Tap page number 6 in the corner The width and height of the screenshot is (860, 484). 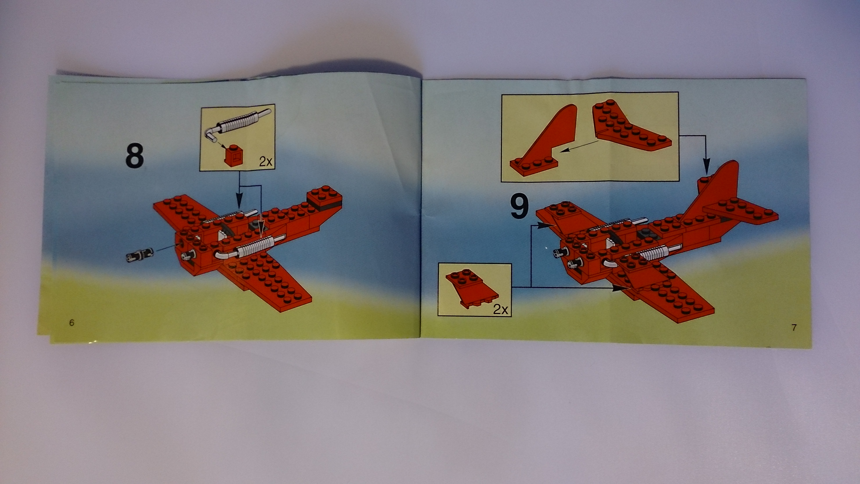pyautogui.click(x=71, y=323)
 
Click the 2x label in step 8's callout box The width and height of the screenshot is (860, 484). pyautogui.click(x=266, y=162)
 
